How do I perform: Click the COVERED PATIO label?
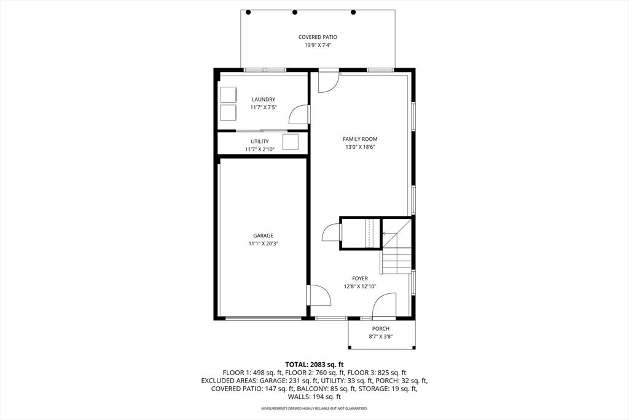tap(318, 37)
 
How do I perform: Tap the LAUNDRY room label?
tap(264, 99)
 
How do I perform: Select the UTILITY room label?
tap(260, 141)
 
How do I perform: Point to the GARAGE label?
tap(263, 236)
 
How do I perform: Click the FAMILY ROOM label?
tap(360, 139)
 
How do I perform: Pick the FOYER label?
tap(360, 279)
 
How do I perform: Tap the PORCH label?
tap(381, 328)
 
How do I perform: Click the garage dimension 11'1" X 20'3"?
tap(263, 244)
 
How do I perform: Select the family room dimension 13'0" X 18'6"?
tap(360, 147)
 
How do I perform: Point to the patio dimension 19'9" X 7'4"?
tap(318, 45)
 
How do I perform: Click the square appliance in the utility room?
tap(291, 142)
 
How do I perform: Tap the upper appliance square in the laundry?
tap(228, 95)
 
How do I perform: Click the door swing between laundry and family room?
tap(299, 114)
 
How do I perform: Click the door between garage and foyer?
tap(319, 295)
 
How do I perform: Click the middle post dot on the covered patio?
tap(295, 12)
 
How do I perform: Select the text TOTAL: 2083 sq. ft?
tap(314, 364)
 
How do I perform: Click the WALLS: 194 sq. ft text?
tap(314, 397)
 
